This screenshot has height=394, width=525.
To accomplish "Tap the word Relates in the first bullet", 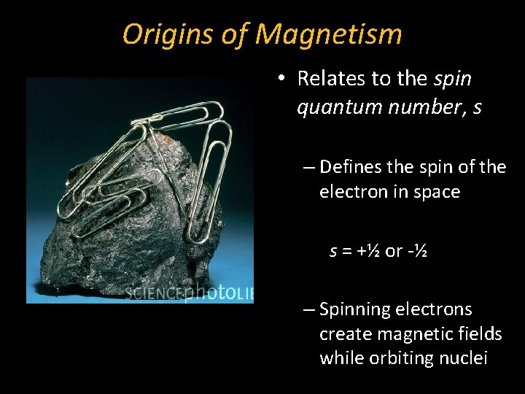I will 333,78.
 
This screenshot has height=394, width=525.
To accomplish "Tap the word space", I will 436,193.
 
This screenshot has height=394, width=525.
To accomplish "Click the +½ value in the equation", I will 367,251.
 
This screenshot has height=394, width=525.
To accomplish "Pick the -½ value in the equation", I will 418,251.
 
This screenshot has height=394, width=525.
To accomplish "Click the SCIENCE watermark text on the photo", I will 153,293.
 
